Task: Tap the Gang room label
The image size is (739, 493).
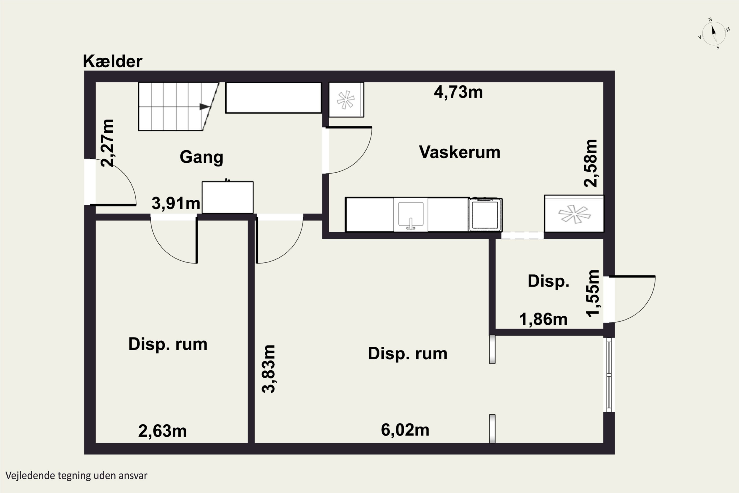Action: pyautogui.click(x=202, y=157)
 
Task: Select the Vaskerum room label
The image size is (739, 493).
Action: pyautogui.click(x=459, y=152)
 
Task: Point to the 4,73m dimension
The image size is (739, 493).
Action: pyautogui.click(x=458, y=92)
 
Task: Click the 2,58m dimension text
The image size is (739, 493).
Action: pyautogui.click(x=590, y=163)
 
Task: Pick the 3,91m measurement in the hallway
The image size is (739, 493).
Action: pyautogui.click(x=176, y=203)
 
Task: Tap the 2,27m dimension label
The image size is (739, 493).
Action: pyautogui.click(x=107, y=143)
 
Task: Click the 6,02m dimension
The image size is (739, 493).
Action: pyautogui.click(x=405, y=430)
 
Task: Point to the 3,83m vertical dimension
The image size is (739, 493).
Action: pyautogui.click(x=269, y=369)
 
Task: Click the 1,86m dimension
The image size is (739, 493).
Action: pyautogui.click(x=543, y=319)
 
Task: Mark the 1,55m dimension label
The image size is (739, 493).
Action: pyautogui.click(x=593, y=293)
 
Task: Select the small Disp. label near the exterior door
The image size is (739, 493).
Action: pyautogui.click(x=548, y=281)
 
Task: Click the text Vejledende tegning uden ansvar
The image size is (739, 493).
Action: pyautogui.click(x=76, y=475)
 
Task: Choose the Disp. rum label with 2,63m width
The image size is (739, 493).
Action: pyautogui.click(x=168, y=344)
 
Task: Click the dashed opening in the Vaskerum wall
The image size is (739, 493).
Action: pyautogui.click(x=522, y=235)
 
